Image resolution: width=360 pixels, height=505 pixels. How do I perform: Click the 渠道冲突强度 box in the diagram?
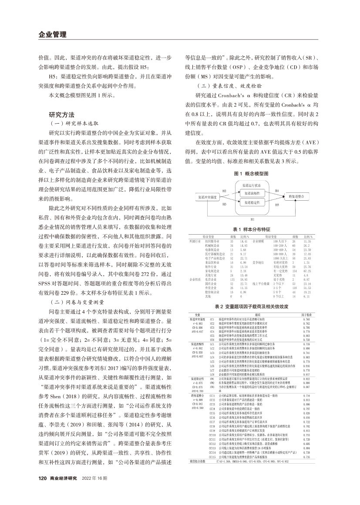click(208, 197)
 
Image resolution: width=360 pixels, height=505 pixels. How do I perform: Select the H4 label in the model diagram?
click(276, 191)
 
